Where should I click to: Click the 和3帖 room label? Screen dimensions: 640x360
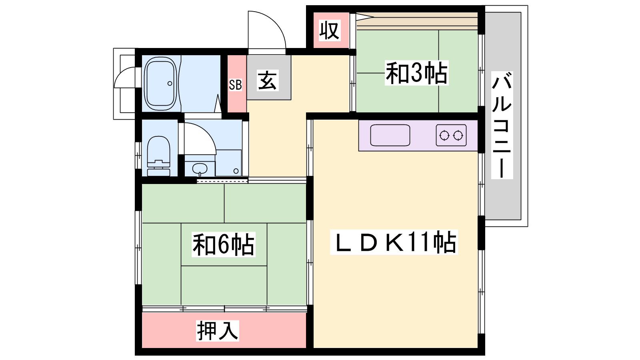tap(416, 73)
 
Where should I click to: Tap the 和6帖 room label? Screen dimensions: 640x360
tap(224, 244)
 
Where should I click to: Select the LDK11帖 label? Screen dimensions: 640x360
tap(394, 242)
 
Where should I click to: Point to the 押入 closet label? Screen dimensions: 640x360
tap(218, 330)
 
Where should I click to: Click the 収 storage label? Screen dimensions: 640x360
tap(330, 30)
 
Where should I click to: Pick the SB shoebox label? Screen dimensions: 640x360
tap(236, 85)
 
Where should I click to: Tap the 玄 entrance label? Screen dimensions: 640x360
tap(268, 80)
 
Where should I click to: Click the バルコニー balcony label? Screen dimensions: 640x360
tap(502, 125)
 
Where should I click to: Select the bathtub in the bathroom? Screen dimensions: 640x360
tap(160, 84)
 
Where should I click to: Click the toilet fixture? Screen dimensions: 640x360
tap(158, 156)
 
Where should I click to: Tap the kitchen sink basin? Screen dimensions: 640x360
tap(390, 135)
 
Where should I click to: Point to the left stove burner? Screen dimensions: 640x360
tap(444, 136)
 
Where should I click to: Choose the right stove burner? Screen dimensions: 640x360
tap(458, 136)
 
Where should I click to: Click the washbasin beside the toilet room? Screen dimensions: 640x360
tap(200, 169)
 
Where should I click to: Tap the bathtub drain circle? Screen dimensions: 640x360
tap(170, 84)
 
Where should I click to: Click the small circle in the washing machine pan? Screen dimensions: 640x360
tap(236, 171)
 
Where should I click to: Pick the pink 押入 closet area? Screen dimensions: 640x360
tap(224, 330)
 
